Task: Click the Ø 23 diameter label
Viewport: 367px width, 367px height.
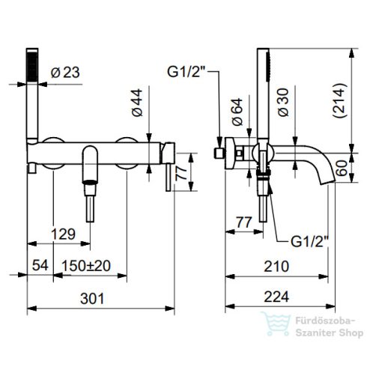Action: (x=65, y=73)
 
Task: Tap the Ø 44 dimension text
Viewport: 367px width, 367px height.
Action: (x=137, y=103)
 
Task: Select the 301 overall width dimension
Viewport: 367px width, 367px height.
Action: (x=92, y=298)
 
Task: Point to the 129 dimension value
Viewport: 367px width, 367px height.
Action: (x=63, y=234)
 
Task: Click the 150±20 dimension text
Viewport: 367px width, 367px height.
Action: (x=86, y=266)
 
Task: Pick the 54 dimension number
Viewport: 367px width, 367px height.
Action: (x=40, y=265)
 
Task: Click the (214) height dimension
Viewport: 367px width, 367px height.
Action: (x=340, y=100)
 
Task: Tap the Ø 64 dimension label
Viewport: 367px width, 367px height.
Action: (x=237, y=112)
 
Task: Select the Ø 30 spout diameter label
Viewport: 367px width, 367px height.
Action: (x=283, y=103)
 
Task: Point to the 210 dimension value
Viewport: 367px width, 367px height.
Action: (x=276, y=267)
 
